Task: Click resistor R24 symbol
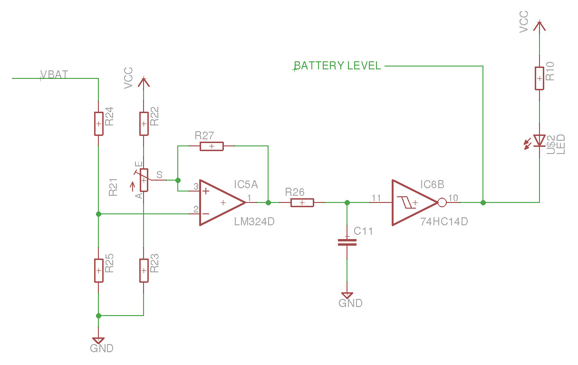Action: pyautogui.click(x=98, y=124)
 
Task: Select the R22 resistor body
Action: pyautogui.click(x=144, y=124)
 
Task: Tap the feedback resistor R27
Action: pyautogui.click(x=212, y=146)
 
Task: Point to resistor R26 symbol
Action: pyautogui.click(x=302, y=203)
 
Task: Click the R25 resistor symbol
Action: pyautogui.click(x=98, y=270)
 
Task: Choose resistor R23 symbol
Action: pyautogui.click(x=144, y=270)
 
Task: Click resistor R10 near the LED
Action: pyautogui.click(x=539, y=78)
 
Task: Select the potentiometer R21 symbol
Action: pyautogui.click(x=144, y=181)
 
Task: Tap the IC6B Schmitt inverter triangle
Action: pyautogui.click(x=413, y=202)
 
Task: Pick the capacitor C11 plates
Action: pyautogui.click(x=347, y=242)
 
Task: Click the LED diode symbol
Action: pyautogui.click(x=539, y=141)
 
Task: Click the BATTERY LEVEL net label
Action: pyautogui.click(x=337, y=66)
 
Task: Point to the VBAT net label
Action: pyautogui.click(x=54, y=75)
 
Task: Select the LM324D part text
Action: pyautogui.click(x=254, y=221)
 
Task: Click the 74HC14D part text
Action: pyautogui.click(x=444, y=221)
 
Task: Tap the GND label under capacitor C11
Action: pyautogui.click(x=350, y=303)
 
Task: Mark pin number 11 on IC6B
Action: pyautogui.click(x=376, y=197)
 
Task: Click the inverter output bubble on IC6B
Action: pyautogui.click(x=442, y=203)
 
